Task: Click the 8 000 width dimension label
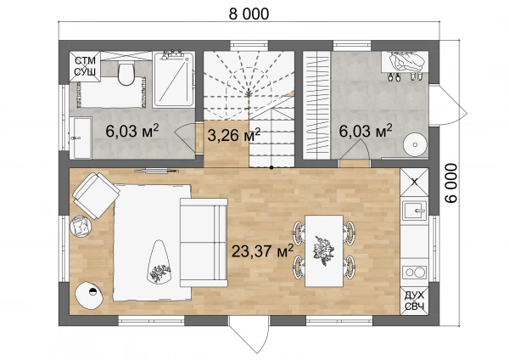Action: coord(249,14)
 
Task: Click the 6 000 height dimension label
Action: coord(451,183)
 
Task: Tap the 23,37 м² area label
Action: coord(263,250)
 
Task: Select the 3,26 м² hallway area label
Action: coord(234,135)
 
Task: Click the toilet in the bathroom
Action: coord(126,73)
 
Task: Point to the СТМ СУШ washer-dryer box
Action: coord(85,66)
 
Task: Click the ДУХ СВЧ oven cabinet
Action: coord(415,301)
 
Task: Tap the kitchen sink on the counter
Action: coord(415,211)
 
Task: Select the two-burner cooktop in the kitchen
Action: coord(415,273)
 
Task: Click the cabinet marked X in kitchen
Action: coord(415,183)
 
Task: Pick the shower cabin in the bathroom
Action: coord(174,79)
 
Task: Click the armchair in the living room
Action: coord(96,195)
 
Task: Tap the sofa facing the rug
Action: coord(204,242)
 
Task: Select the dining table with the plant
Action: coord(324,250)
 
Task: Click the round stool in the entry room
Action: coord(415,144)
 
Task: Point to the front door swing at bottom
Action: coord(249,335)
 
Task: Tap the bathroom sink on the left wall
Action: coord(81,138)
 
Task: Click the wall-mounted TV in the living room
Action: coord(156,170)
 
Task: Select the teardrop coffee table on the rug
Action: coord(159,262)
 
